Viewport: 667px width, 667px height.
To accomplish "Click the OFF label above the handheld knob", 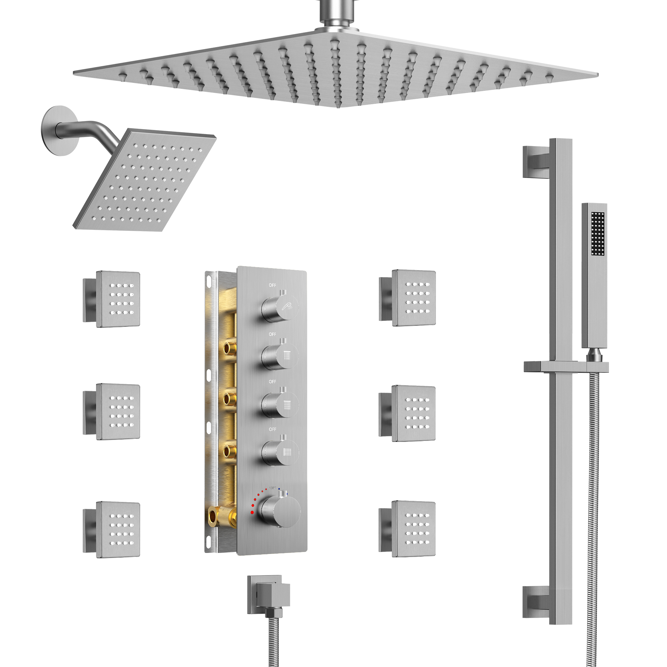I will pos(272,285).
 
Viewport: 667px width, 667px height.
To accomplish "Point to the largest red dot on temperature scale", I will pos(252,512).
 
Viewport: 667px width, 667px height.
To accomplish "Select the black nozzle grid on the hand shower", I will pos(598,234).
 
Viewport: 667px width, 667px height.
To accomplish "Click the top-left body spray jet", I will pos(118,299).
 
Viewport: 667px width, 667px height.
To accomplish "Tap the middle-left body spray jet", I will pos(118,412).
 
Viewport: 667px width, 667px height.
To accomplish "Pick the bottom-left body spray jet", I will pos(118,529).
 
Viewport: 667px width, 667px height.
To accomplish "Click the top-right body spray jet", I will pos(414,298).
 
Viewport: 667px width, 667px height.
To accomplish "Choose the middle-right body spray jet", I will pos(414,413).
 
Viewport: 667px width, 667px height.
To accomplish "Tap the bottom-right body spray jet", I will pos(414,529).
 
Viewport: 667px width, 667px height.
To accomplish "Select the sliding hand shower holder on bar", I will pos(566,367).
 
